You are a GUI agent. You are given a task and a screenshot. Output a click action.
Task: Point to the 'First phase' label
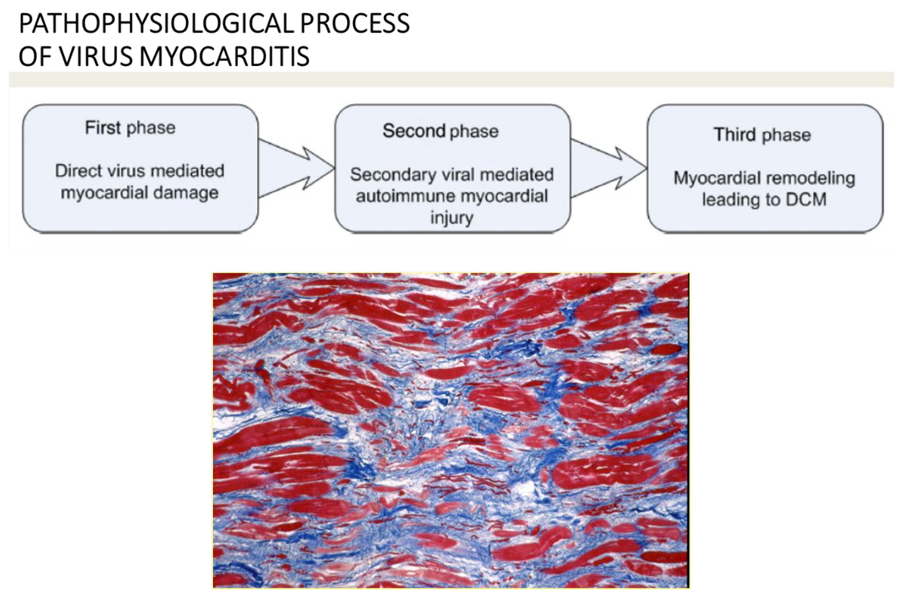(130, 128)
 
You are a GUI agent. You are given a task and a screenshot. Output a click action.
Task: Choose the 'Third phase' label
(762, 135)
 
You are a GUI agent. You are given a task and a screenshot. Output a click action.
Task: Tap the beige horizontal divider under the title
(451, 79)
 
